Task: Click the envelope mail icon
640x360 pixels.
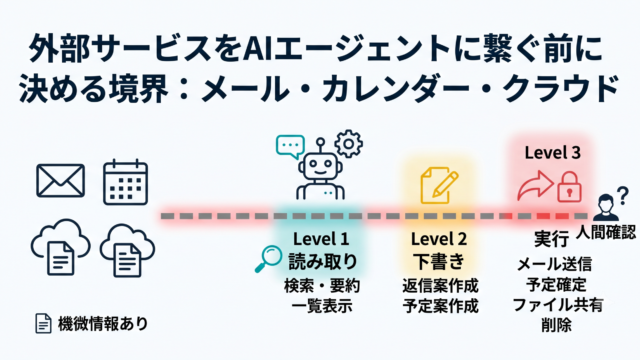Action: [60, 181]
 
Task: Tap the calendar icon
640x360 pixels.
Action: [125, 182]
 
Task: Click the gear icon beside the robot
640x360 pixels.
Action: [349, 144]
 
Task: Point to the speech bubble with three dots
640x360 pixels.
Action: [290, 146]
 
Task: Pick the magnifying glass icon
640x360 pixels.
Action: [268, 259]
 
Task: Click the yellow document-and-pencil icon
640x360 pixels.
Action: [439, 185]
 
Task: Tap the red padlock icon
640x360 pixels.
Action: [569, 187]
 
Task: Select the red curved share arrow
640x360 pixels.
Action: [535, 185]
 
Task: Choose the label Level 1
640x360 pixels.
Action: [321, 239]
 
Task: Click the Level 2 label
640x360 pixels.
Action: [439, 239]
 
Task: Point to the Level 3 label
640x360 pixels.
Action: [552, 153]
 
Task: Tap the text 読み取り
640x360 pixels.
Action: [323, 261]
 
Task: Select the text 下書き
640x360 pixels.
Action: [439, 261]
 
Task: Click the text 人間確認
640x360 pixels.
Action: [606, 232]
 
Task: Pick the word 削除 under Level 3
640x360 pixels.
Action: [556, 325]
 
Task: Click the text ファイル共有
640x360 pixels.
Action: [558, 305]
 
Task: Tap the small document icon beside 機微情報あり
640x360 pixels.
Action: [43, 324]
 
